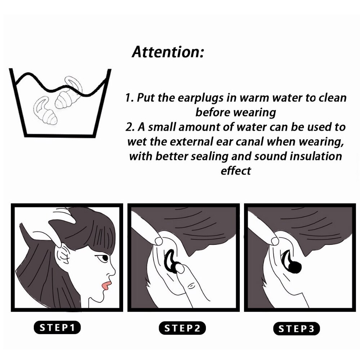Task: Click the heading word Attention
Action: [168, 52]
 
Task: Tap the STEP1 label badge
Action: [57, 327]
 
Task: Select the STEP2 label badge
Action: [182, 328]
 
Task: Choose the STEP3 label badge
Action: [296, 329]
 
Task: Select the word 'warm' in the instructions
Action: [255, 98]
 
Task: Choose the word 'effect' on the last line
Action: [236, 171]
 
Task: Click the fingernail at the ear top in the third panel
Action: [275, 241]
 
